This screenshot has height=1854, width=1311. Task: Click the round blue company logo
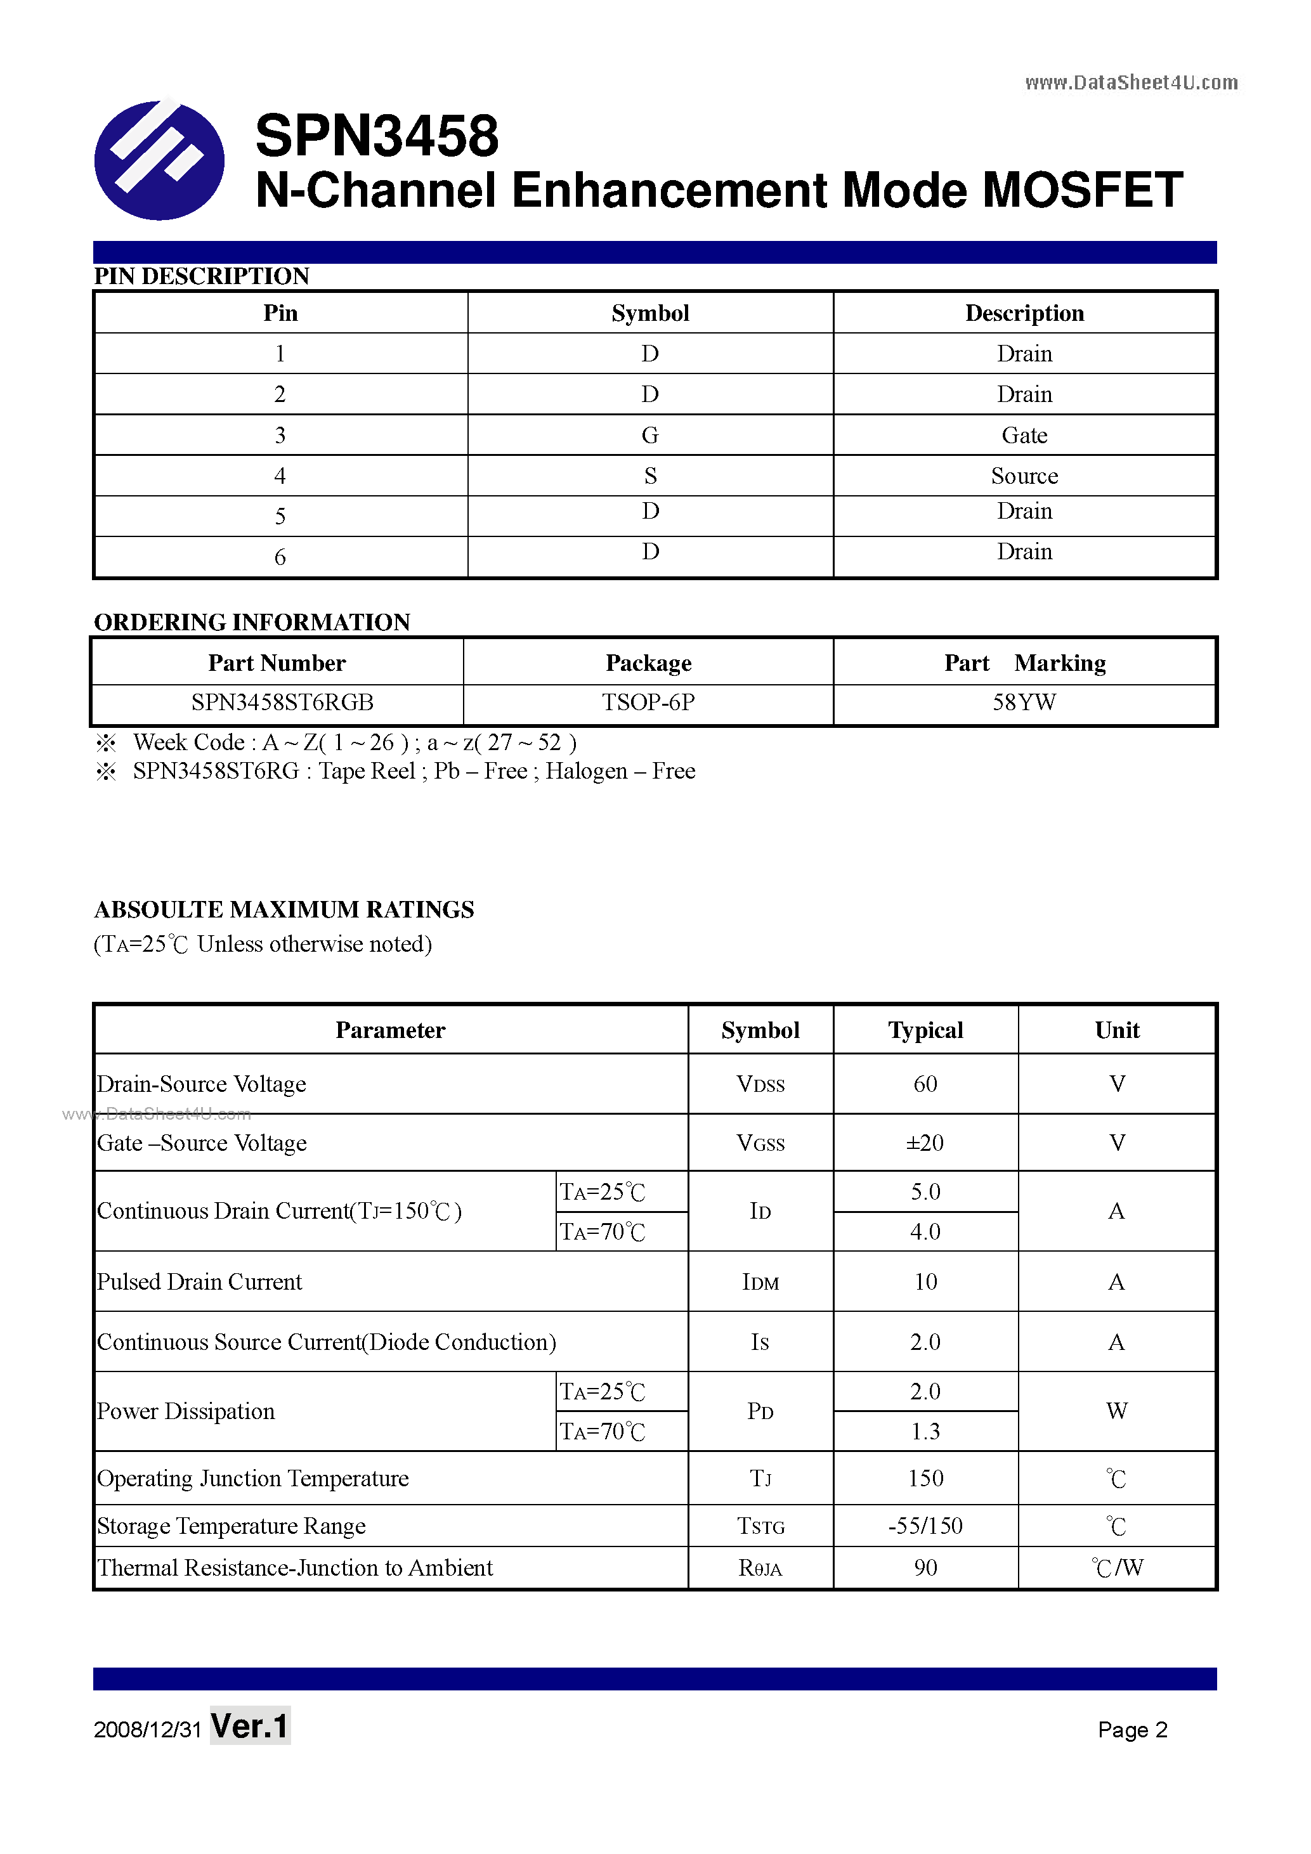tap(159, 160)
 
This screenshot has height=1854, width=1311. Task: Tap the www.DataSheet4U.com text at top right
tap(1130, 82)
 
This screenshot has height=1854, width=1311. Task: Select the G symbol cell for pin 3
tap(649, 435)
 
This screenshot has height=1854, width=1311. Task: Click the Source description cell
tap(1024, 476)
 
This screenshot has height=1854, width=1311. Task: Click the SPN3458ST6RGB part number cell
tap(282, 703)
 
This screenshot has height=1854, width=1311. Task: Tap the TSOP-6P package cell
tap(648, 703)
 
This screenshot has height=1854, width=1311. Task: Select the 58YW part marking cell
tap(1024, 703)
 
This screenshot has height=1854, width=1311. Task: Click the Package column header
tap(648, 663)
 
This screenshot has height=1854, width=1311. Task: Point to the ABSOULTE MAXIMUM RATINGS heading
tap(284, 910)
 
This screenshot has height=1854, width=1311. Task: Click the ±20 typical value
tap(925, 1143)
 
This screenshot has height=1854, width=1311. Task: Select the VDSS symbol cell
tap(760, 1084)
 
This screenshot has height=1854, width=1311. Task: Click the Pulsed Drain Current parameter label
tap(200, 1281)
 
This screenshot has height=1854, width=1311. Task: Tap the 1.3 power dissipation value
tap(925, 1432)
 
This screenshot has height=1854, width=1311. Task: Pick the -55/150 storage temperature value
tap(925, 1526)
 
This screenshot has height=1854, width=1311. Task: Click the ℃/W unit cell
tap(1116, 1567)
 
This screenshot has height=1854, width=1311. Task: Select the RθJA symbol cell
tap(760, 1568)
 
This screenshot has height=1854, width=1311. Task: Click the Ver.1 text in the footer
tap(250, 1727)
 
